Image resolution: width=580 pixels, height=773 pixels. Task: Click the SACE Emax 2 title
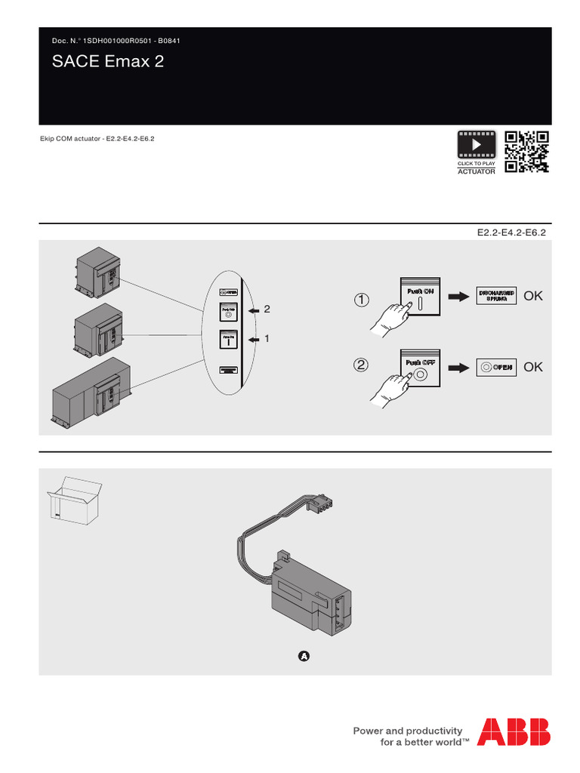[x=107, y=62]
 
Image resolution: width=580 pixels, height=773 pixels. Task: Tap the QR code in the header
[x=526, y=152]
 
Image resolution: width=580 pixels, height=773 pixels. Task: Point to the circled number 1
[x=362, y=300]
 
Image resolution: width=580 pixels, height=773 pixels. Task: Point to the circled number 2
[x=362, y=366]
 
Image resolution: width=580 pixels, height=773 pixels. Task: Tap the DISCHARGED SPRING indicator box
[x=495, y=296]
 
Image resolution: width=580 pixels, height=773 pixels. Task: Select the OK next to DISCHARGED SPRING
[x=533, y=297]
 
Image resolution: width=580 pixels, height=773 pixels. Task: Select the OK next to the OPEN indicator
[x=533, y=367]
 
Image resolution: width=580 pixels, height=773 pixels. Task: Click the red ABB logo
[x=517, y=731]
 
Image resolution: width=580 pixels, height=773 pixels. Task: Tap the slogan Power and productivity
[x=407, y=731]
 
